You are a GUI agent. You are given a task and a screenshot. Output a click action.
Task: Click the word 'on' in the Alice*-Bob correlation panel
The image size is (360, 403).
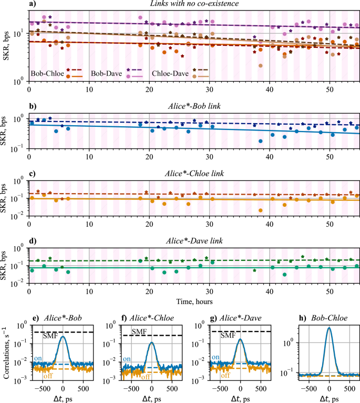[x=37, y=359]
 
